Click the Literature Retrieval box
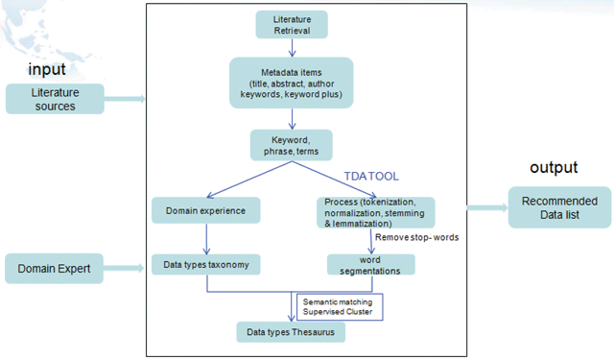[x=292, y=25]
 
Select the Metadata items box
[x=292, y=83]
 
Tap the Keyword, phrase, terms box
[x=292, y=145]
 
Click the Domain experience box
[x=206, y=210]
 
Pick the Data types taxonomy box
[x=206, y=264]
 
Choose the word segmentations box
[x=371, y=265]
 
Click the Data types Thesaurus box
[x=291, y=332]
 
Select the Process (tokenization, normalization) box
[x=375, y=213]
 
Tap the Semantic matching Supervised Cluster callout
[x=340, y=307]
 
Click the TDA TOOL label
[x=371, y=177]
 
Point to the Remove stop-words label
[x=416, y=237]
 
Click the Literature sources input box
[x=55, y=99]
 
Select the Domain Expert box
[x=54, y=269]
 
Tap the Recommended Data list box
[x=559, y=207]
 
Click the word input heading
[x=47, y=69]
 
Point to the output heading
[x=554, y=167]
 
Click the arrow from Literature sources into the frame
[x=125, y=99]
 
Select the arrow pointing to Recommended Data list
[x=487, y=207]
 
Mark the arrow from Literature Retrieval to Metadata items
[x=292, y=48]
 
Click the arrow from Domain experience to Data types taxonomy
[x=206, y=239]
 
